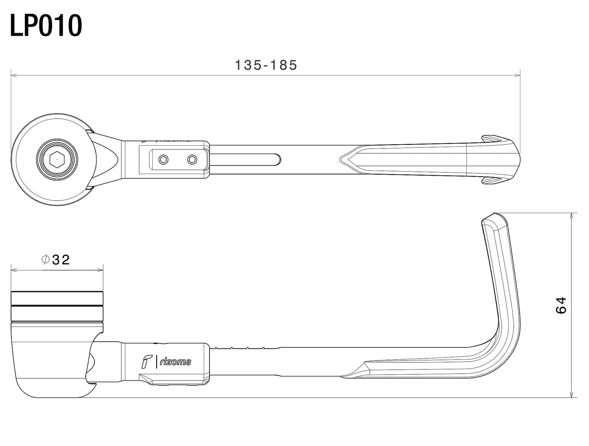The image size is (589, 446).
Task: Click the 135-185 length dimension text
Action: (266, 65)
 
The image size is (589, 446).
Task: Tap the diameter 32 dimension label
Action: (56, 260)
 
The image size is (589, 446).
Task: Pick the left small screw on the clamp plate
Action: (163, 160)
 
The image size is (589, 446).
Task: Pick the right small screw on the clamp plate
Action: (192, 160)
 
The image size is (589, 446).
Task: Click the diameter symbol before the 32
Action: (46, 260)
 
